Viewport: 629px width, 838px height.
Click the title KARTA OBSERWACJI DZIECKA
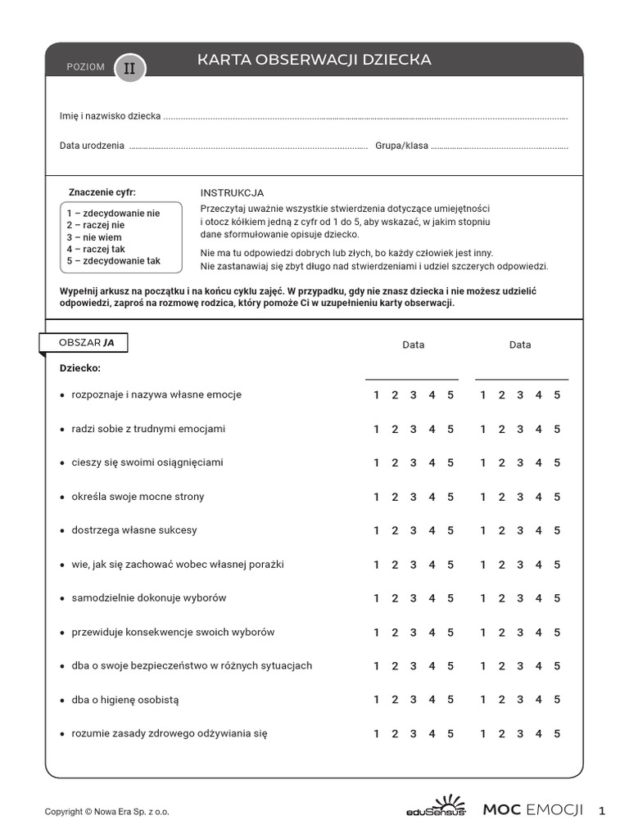coord(314,61)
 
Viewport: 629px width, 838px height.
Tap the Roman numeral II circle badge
coord(129,68)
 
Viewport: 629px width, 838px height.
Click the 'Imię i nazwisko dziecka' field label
coord(110,116)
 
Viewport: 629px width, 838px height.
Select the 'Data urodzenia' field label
coord(92,146)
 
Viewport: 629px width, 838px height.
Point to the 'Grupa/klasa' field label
coord(401,146)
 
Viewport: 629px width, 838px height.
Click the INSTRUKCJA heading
coord(232,192)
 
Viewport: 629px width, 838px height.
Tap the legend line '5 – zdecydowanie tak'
coord(114,261)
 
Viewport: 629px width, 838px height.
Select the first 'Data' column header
coord(414,345)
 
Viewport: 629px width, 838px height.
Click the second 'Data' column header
coord(520,345)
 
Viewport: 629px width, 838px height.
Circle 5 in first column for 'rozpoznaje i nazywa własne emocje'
coord(450,395)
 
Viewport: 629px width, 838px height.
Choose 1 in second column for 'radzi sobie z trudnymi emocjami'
coord(483,429)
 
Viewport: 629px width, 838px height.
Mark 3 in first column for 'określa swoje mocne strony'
coord(413,497)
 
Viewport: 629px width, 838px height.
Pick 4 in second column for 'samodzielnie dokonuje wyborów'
coord(538,598)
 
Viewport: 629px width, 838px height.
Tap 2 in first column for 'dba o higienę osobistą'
coord(394,700)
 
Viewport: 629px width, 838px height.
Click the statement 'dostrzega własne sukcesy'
coord(134,530)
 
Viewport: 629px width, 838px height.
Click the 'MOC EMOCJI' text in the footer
coord(532,810)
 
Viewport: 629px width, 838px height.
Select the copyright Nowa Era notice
coord(106,812)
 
